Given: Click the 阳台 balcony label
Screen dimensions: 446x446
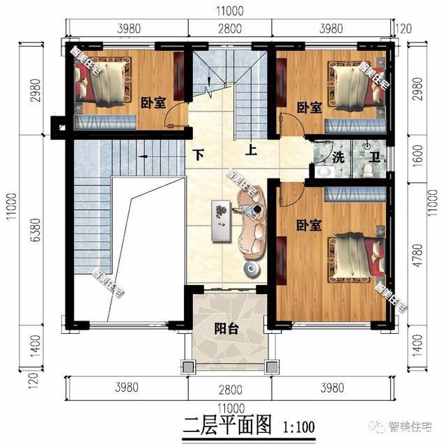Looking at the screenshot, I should pyautogui.click(x=225, y=330).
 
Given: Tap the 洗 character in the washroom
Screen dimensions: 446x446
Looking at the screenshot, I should pyautogui.click(x=338, y=157).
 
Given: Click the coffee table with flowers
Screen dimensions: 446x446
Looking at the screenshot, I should pyautogui.click(x=222, y=220).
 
